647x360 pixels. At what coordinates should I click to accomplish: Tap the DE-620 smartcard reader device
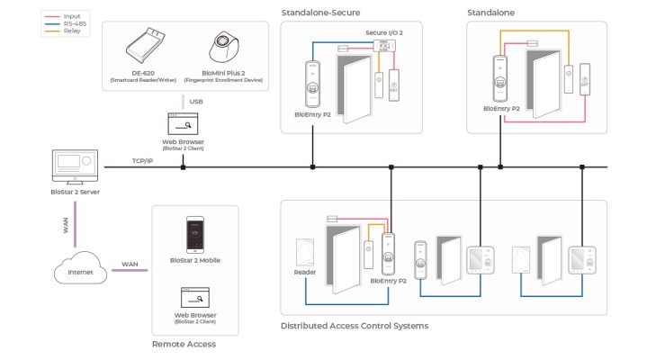146,44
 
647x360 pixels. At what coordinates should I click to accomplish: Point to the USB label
195,101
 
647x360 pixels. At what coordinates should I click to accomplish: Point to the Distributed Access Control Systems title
354,326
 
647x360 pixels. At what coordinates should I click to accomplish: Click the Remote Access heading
184,344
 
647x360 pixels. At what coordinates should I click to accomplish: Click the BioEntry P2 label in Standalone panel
501,108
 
